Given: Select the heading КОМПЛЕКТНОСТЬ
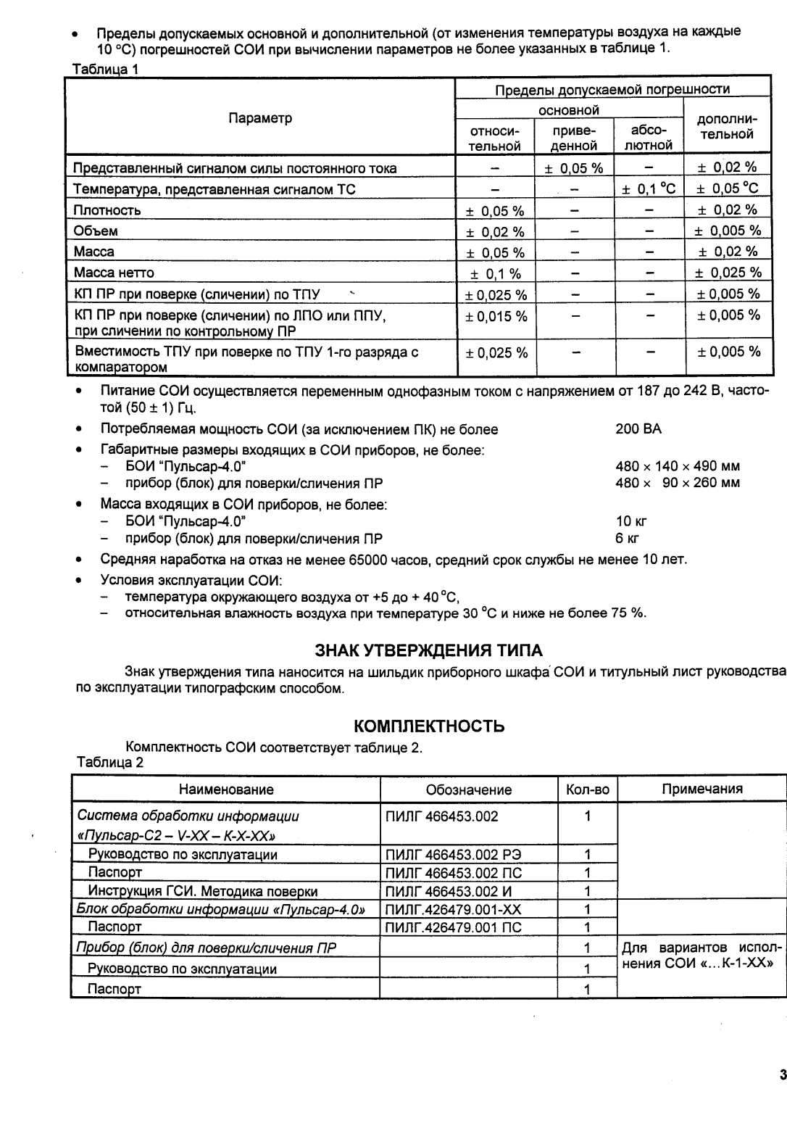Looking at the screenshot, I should click(x=428, y=726).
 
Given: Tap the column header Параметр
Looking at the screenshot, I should click(x=260, y=118).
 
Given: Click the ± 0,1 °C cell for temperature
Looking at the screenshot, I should click(x=649, y=189).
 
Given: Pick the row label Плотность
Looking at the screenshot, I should click(x=107, y=210).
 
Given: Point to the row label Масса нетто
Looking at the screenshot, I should click(x=114, y=273).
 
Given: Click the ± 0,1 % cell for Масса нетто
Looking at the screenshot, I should click(x=495, y=273).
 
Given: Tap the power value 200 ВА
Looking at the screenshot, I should click(x=638, y=429).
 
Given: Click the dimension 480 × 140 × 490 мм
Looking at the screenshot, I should click(x=677, y=467).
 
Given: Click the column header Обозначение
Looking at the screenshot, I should click(x=468, y=790).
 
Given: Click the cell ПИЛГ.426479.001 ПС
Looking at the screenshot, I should click(x=453, y=927).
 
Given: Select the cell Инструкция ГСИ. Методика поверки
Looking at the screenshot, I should click(x=202, y=891).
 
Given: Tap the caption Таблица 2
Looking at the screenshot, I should click(x=109, y=763).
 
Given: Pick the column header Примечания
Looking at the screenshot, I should click(x=701, y=790).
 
